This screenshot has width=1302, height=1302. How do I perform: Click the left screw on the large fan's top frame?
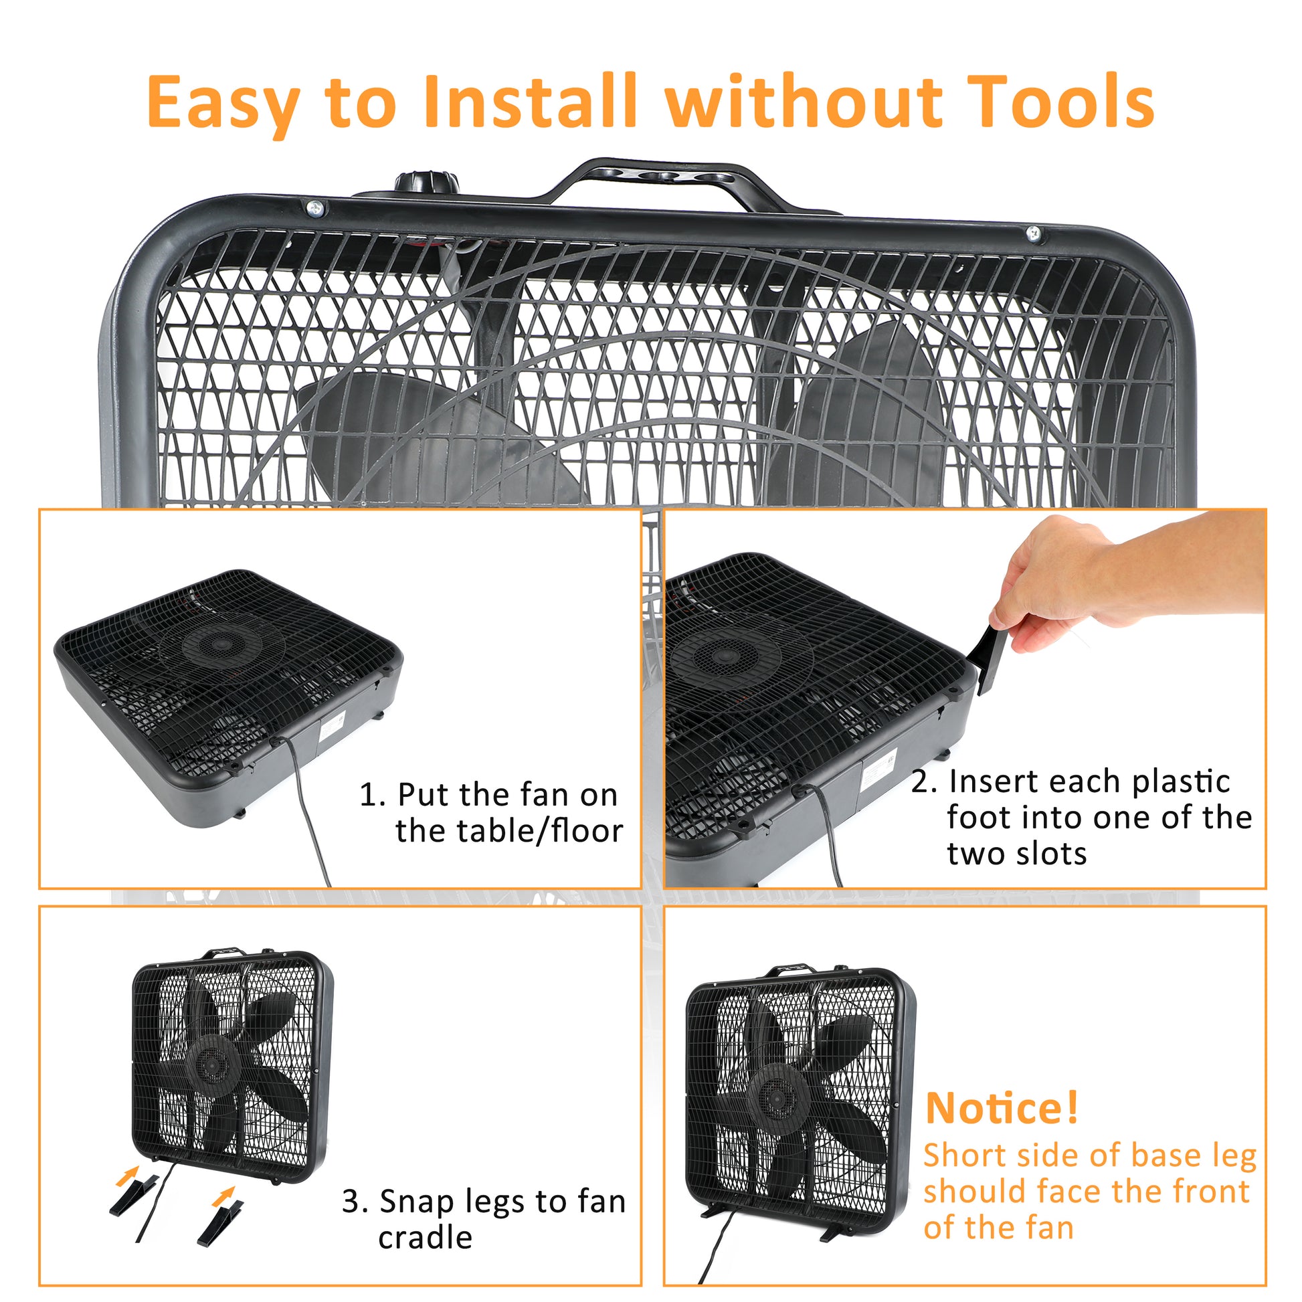click(x=315, y=208)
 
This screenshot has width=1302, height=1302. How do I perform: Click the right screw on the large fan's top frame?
click(x=1033, y=234)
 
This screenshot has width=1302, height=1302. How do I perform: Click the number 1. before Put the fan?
click(x=372, y=796)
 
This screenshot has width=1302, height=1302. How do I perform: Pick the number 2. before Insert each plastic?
click(x=924, y=782)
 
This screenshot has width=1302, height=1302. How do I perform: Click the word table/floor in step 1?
click(x=508, y=832)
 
